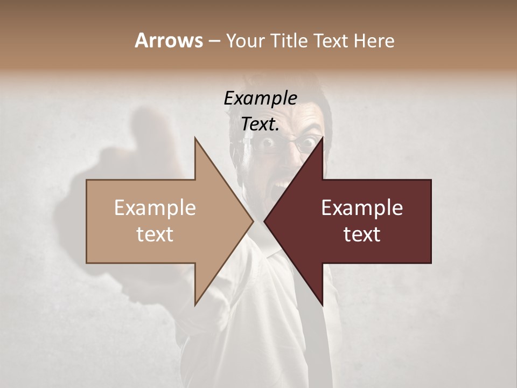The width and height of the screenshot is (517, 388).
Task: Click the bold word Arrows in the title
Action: tap(169, 40)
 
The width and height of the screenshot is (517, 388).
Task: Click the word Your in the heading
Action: tap(244, 41)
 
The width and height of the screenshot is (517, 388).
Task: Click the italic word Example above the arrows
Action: tap(260, 99)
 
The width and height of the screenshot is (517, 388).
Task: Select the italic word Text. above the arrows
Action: tap(260, 124)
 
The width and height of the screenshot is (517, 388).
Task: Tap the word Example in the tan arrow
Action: tap(155, 208)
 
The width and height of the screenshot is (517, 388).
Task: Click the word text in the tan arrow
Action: tap(155, 234)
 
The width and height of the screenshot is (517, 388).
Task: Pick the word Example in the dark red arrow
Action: tap(362, 208)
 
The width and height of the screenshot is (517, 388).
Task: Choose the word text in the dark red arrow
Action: tap(362, 234)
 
